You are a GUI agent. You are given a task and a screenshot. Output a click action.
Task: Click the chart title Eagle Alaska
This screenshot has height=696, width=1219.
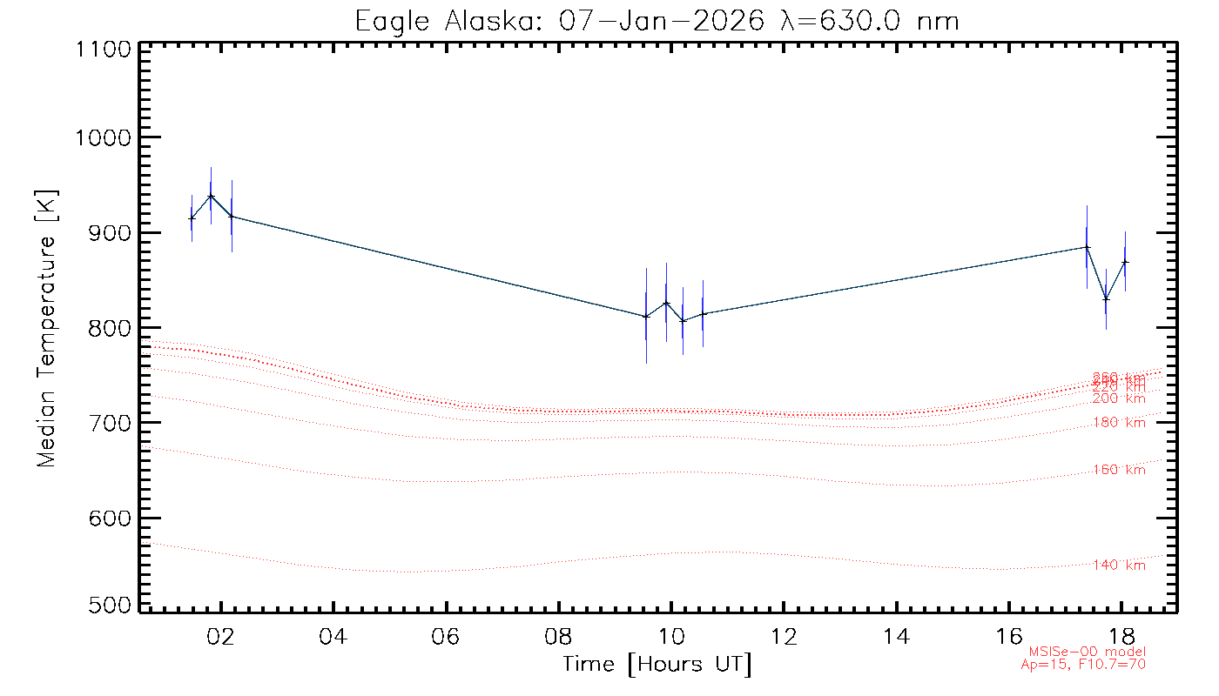[x=657, y=20]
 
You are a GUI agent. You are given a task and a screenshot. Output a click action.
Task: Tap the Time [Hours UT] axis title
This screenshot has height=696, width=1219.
[x=657, y=665]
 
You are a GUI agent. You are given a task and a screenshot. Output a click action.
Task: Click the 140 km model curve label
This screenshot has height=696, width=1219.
[x=1119, y=565]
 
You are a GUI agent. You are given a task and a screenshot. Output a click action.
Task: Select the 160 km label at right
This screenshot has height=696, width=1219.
[x=1119, y=470]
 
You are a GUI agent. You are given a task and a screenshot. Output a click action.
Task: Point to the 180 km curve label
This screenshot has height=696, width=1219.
[x=1119, y=423]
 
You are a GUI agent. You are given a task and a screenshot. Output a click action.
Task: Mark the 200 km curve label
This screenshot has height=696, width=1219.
[x=1119, y=398]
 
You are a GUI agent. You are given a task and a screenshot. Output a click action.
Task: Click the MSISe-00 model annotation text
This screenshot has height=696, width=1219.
[x=1088, y=652]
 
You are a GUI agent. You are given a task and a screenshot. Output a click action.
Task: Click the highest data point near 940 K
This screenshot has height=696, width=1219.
[x=211, y=196]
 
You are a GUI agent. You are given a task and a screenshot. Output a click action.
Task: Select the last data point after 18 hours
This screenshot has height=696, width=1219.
[x=1125, y=262]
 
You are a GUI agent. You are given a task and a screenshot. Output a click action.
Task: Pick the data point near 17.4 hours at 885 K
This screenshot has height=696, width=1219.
[x=1087, y=247]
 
